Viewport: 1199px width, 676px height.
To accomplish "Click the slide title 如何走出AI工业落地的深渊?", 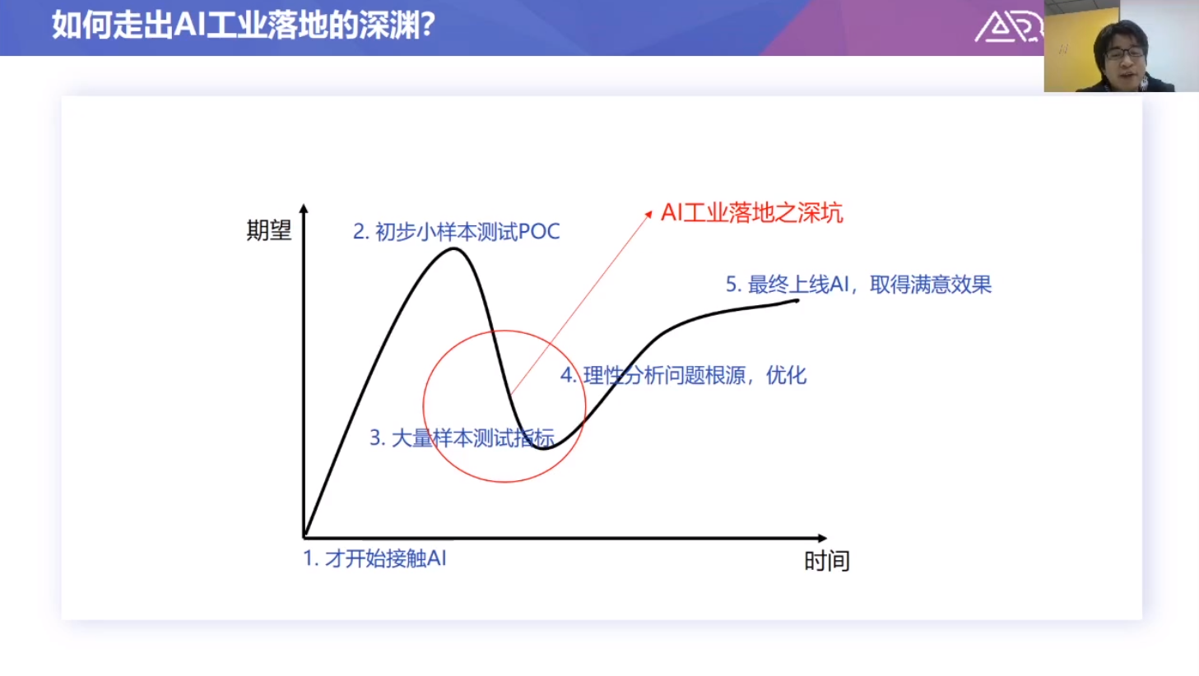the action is [x=244, y=25].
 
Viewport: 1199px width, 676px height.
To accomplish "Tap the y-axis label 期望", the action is [x=269, y=230].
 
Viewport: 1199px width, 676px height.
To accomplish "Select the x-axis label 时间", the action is [x=827, y=561].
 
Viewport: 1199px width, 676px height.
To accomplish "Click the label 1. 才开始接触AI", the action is [x=374, y=559].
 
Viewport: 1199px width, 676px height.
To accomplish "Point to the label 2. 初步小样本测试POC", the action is [x=457, y=232].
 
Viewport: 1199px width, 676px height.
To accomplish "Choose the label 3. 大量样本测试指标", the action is [x=462, y=438].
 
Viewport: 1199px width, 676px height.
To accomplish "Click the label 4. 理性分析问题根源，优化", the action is [x=684, y=376].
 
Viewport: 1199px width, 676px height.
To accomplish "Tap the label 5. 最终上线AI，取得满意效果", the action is [x=858, y=285].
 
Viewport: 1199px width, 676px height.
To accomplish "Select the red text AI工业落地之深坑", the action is [x=752, y=212].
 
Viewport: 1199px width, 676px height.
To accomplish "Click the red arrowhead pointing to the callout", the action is [x=648, y=214].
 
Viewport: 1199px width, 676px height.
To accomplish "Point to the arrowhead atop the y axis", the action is [x=304, y=208].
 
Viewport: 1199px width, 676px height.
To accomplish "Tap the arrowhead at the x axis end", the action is [x=823, y=538].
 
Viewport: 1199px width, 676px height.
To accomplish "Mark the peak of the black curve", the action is [x=453, y=248].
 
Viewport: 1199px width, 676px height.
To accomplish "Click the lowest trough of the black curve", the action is [x=543, y=448].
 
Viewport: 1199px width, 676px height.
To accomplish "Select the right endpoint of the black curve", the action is [x=797, y=300].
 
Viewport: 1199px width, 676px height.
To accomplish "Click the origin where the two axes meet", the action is [x=304, y=537].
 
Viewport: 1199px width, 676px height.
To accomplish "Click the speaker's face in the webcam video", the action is [x=1125, y=56].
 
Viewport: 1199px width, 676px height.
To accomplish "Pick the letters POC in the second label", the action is [x=539, y=232].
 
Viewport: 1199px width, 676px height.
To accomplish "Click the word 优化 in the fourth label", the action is [x=787, y=376].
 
